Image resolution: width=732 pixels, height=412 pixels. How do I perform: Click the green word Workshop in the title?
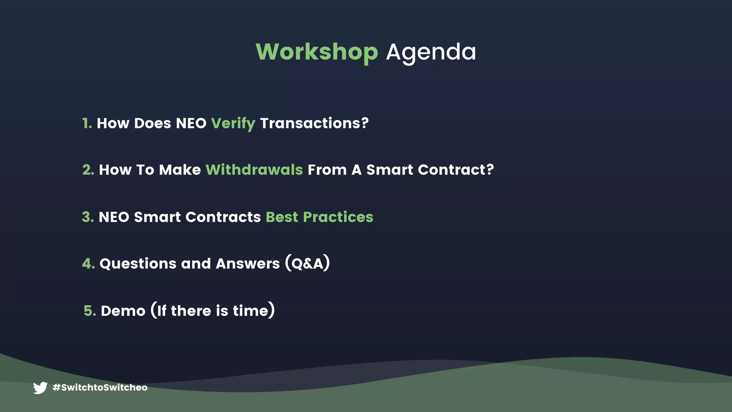tap(317, 52)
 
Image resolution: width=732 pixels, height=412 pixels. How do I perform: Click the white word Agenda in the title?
tap(431, 52)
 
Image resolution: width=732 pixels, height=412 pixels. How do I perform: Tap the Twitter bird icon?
tap(40, 388)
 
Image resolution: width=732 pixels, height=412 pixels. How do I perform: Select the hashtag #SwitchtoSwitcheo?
tap(100, 388)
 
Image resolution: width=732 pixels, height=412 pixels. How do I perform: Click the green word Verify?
tap(233, 123)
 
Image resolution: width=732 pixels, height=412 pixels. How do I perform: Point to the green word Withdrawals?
tap(254, 170)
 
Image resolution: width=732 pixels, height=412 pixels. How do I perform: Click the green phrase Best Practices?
tap(319, 217)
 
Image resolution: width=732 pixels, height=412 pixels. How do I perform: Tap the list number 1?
tap(87, 123)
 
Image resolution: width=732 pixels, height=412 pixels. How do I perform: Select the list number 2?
tap(88, 170)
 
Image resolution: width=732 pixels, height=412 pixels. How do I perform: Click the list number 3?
tap(88, 217)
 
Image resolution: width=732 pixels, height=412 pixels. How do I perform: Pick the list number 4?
tap(88, 264)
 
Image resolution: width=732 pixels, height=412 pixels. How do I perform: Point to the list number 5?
tap(90, 311)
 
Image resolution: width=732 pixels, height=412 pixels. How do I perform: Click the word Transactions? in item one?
tap(314, 123)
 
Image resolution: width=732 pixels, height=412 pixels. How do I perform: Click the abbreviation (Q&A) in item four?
tap(307, 264)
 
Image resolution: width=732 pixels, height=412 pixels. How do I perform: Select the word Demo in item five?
tap(123, 311)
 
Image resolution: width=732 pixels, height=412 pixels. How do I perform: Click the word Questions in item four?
tap(138, 264)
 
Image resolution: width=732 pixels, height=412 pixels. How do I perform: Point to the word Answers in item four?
tap(248, 264)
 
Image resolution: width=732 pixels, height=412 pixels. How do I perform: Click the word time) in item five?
tap(254, 311)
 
